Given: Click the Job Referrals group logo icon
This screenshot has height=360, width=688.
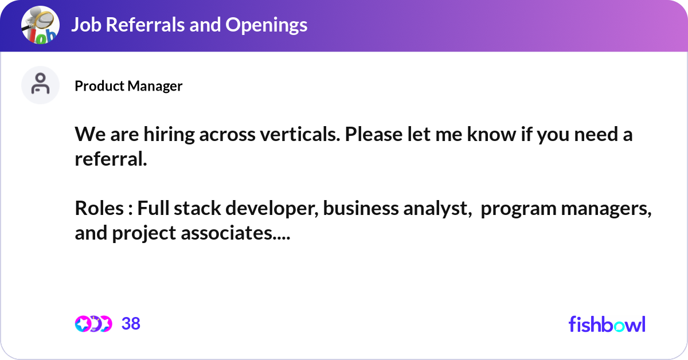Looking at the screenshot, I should pyautogui.click(x=40, y=25).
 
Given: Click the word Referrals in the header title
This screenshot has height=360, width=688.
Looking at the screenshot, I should pyautogui.click(x=142, y=25).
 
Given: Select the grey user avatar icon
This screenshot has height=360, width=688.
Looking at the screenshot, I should pyautogui.click(x=40, y=85).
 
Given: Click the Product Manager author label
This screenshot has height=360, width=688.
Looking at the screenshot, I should pyautogui.click(x=128, y=86).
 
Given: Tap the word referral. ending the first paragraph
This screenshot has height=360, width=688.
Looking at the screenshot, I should pyautogui.click(x=111, y=159).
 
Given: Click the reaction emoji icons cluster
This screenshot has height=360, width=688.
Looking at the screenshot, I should pyautogui.click(x=93, y=324).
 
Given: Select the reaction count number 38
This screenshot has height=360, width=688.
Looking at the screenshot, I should pyautogui.click(x=131, y=324).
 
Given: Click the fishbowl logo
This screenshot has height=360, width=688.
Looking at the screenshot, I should pyautogui.click(x=607, y=324).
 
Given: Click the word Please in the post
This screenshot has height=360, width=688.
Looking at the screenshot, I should pyautogui.click(x=374, y=135).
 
